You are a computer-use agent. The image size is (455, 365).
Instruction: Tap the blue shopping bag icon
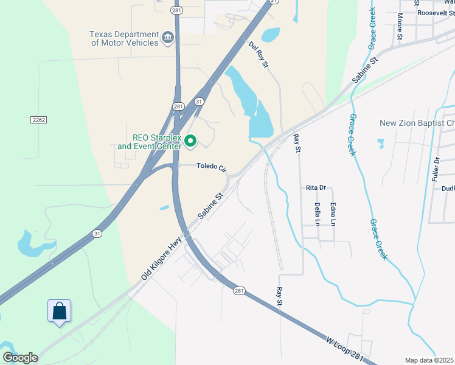click(59, 311)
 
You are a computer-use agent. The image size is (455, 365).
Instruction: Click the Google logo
click(19, 357)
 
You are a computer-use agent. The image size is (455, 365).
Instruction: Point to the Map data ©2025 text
click(428, 360)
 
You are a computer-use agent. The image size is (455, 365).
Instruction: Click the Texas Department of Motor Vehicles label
click(123, 39)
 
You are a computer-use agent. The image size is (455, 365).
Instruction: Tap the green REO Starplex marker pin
click(190, 142)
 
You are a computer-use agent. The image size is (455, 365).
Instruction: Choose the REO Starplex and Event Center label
click(149, 142)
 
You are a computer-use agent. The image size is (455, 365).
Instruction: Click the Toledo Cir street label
click(210, 166)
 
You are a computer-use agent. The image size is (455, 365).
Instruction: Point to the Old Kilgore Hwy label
click(162, 259)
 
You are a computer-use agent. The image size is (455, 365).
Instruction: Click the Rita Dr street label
click(316, 188)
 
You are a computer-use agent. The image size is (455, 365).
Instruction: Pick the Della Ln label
click(317, 215)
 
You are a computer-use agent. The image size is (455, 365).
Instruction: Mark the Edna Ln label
click(333, 215)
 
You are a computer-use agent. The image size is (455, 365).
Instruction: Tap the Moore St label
click(400, 27)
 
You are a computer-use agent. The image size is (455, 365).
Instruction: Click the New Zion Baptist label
click(417, 123)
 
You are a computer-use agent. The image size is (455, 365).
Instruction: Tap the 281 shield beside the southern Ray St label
click(238, 291)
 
